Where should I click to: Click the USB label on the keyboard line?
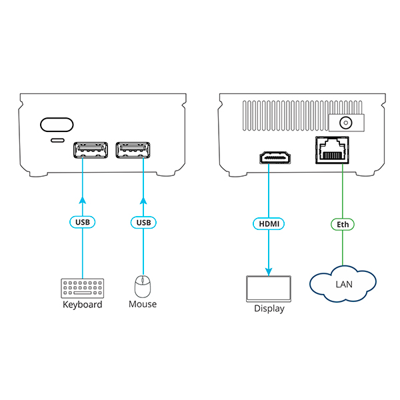coord(83,221)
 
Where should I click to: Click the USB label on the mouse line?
coord(143,221)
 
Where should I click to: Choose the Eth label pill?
coord(343,225)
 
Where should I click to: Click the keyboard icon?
coord(83,288)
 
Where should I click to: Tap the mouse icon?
coord(143,287)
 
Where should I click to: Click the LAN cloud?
coord(342,285)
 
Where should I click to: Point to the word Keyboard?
coord(83,305)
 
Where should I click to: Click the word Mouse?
coord(143,304)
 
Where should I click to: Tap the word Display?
coord(269,309)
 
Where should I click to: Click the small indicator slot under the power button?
coord(58,141)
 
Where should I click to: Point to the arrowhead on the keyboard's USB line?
coord(83,199)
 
